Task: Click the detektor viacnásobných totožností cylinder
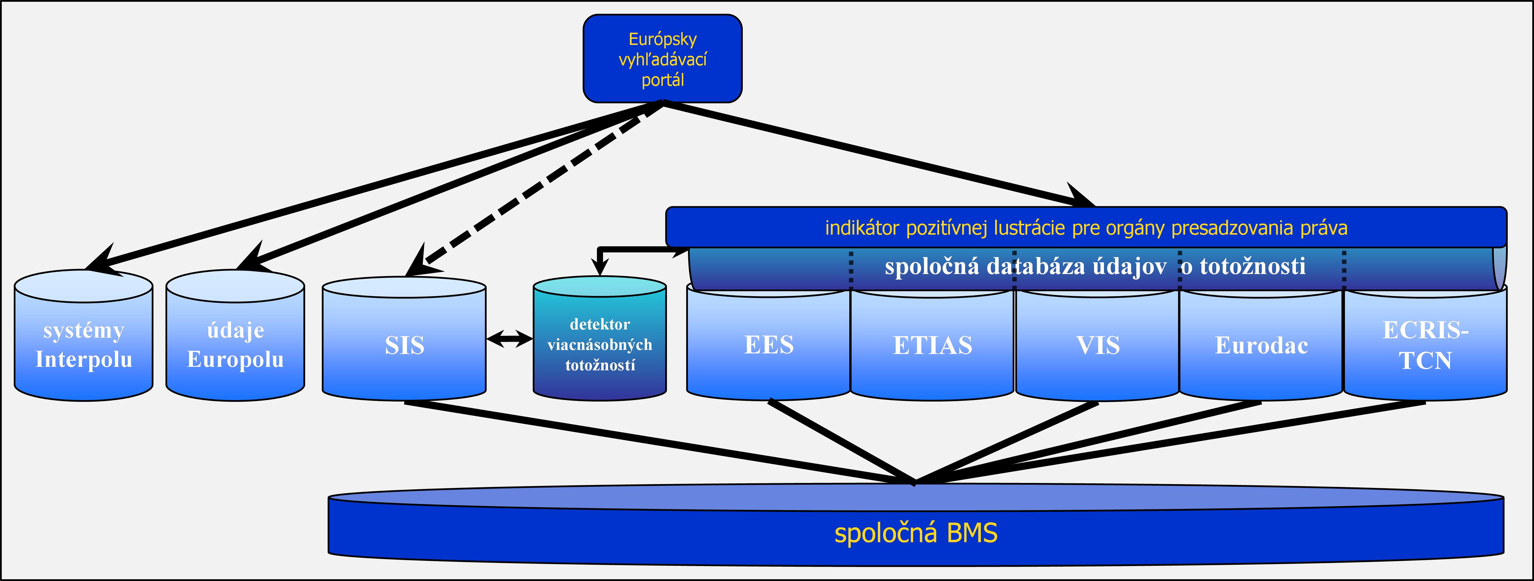[x=600, y=344]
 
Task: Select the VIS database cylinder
[x=1098, y=346]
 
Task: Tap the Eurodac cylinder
[x=1261, y=346]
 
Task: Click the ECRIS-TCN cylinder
[x=1425, y=346]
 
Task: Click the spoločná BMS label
[x=916, y=533]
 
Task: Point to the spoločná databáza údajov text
[x=1095, y=266]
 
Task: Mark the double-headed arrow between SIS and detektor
[x=510, y=339]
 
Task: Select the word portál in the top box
[x=662, y=80]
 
